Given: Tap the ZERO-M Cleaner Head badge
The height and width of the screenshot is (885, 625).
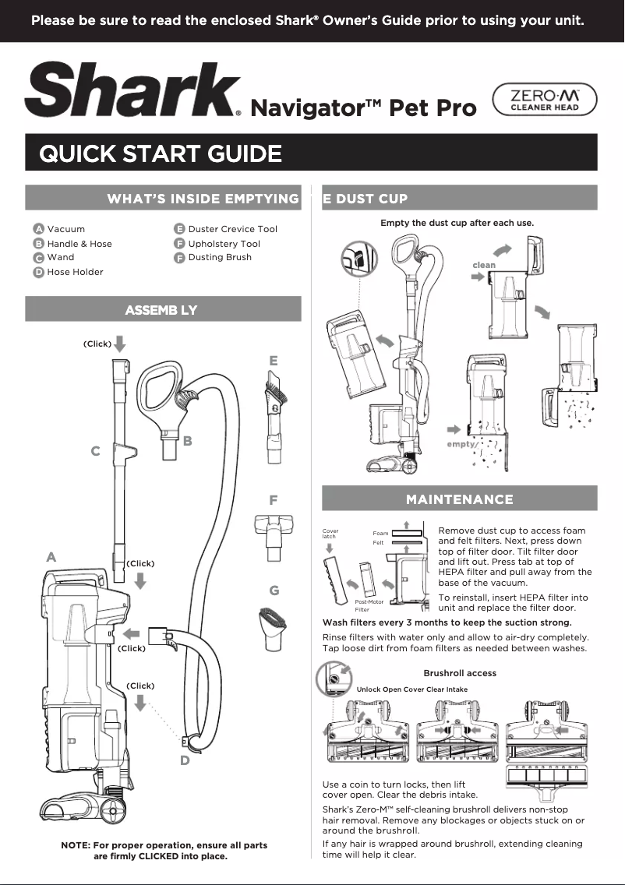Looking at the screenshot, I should (545, 101).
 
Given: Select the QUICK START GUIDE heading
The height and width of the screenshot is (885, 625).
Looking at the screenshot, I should (161, 153).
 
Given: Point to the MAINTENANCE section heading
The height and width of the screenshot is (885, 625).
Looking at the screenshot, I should (459, 499).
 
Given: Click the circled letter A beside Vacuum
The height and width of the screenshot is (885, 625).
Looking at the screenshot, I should (37, 229).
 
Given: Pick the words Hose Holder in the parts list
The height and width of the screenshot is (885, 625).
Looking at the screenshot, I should (75, 272).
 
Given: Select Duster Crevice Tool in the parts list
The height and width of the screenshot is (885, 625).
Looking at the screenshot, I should (232, 229).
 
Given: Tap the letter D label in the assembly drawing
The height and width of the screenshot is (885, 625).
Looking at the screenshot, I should (185, 761).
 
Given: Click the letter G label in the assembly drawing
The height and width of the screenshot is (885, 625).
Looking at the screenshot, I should (274, 591).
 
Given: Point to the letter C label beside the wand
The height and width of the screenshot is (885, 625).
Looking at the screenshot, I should (95, 451).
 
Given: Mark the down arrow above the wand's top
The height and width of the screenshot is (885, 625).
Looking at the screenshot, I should (119, 344).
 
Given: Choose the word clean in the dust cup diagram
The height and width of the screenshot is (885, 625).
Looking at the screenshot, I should (483, 265).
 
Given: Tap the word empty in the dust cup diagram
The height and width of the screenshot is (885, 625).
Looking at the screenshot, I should (461, 444).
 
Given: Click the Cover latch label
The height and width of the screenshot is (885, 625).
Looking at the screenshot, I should (330, 534).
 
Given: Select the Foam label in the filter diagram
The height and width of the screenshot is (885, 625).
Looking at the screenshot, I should (380, 534).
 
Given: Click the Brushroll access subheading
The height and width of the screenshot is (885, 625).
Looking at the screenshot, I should (459, 673).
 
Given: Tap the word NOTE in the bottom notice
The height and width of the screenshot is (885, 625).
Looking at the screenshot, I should (75, 845).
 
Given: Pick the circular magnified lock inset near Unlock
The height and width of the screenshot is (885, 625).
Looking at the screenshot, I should (334, 678).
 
